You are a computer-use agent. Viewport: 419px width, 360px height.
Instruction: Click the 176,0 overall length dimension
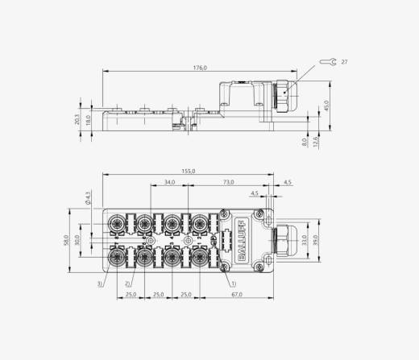(200, 68)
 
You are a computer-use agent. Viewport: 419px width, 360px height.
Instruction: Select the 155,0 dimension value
(189, 172)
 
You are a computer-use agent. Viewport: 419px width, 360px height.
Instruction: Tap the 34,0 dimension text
(169, 182)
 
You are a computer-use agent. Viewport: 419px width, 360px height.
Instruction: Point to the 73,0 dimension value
(228, 182)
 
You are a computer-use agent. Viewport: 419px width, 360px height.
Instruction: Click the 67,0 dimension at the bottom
(237, 295)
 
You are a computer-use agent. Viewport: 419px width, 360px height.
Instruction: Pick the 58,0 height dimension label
(66, 240)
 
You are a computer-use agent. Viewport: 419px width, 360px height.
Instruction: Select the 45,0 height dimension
(326, 106)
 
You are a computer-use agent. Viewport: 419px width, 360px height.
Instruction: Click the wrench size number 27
(344, 62)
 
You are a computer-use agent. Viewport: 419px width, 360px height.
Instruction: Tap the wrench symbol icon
(328, 62)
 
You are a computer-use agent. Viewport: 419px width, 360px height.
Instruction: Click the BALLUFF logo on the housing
(241, 241)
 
